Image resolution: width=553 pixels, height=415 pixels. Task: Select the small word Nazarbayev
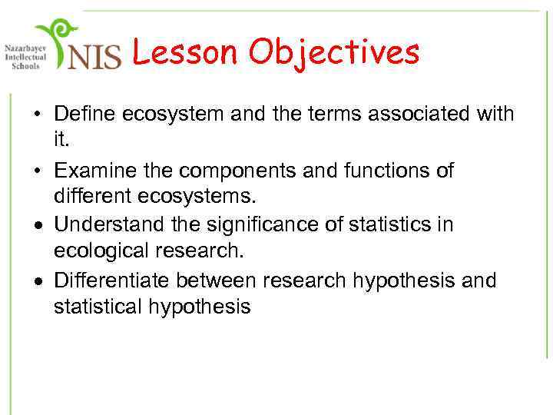(25, 47)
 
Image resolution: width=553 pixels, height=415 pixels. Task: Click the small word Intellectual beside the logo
(25, 56)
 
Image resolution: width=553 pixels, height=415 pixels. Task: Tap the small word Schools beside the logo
(25, 65)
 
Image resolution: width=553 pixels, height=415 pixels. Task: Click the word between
(218, 281)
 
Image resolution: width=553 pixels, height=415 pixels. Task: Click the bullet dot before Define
(37, 115)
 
